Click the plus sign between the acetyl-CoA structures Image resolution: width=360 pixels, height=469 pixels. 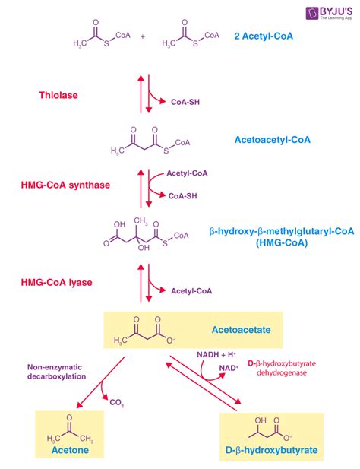click(x=142, y=36)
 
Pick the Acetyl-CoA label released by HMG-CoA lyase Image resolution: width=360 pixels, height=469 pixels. click(x=191, y=290)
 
